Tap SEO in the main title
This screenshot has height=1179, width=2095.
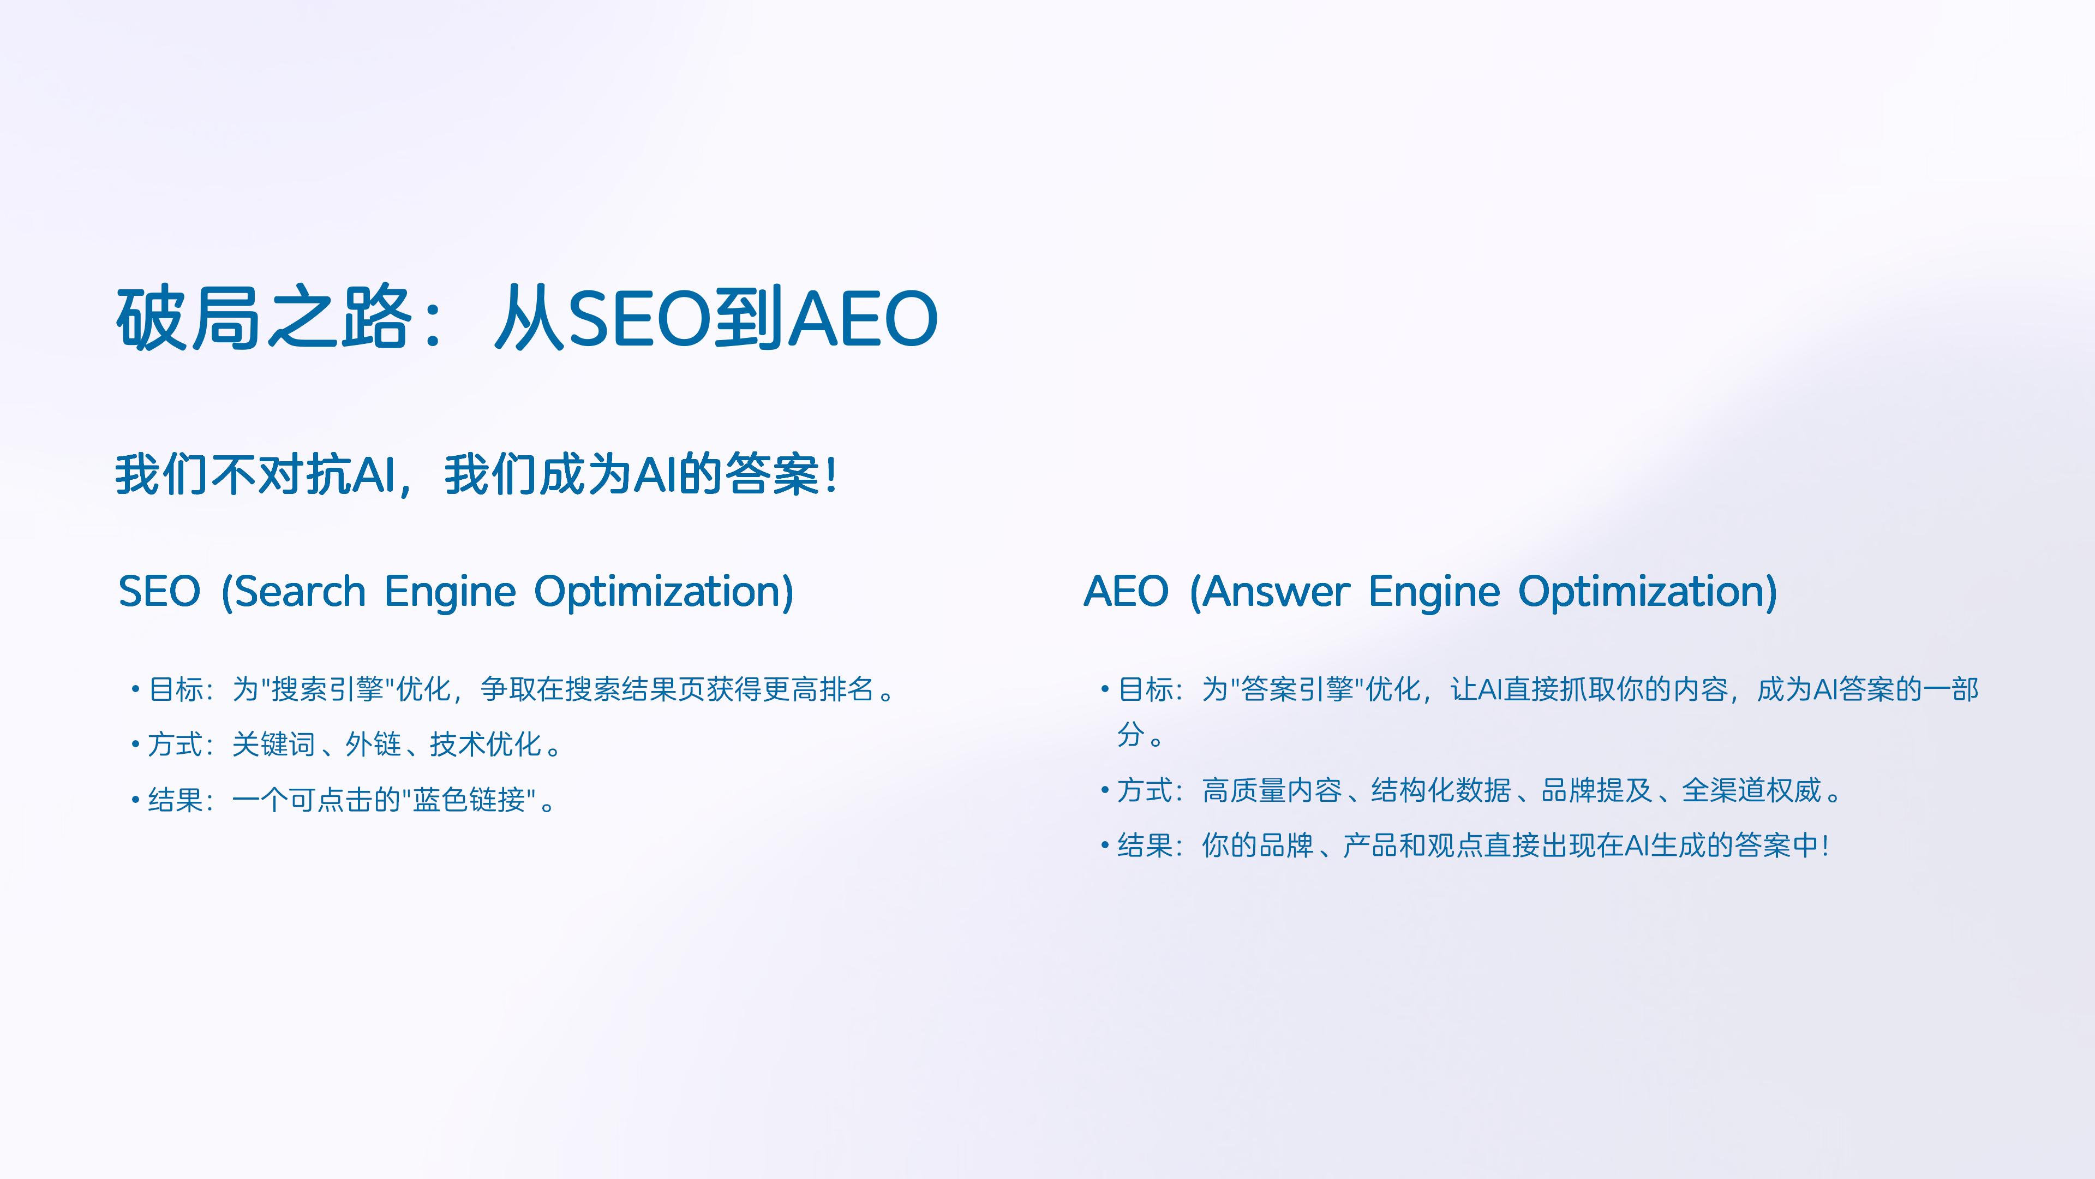coord(638,318)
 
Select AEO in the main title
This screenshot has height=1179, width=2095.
coord(865,318)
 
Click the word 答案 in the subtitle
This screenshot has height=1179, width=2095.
coord(772,474)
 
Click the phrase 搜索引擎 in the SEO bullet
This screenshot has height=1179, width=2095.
coord(327,689)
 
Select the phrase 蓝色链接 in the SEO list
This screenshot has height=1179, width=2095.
coord(469,800)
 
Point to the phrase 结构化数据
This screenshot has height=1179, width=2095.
coord(1441,790)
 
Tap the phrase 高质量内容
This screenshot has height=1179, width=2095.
coord(1272,790)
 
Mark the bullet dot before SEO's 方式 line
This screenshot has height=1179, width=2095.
coord(135,745)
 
